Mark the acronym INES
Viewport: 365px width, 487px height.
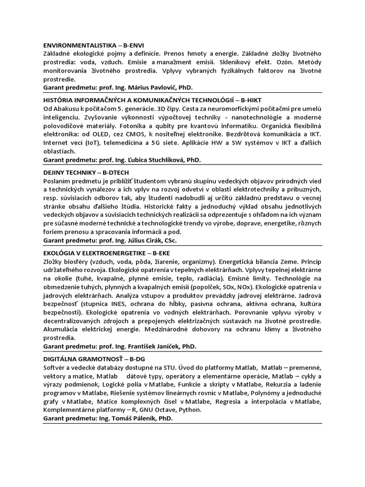click(x=125, y=304)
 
